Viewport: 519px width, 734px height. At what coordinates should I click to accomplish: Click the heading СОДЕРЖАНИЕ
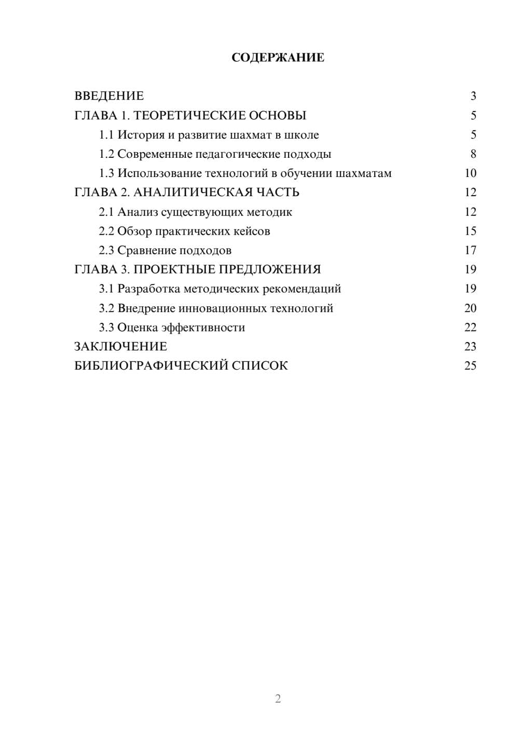(x=278, y=58)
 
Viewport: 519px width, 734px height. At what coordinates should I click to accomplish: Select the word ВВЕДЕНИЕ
(x=109, y=96)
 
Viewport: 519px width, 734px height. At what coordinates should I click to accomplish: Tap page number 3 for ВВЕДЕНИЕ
(x=473, y=96)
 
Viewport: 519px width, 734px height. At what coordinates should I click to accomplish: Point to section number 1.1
(x=106, y=135)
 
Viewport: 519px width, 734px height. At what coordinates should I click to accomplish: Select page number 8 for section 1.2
(x=473, y=154)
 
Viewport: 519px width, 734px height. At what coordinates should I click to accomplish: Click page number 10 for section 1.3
(x=470, y=173)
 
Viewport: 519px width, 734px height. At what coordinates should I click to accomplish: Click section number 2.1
(x=106, y=212)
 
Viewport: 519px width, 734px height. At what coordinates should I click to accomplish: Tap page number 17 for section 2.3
(x=470, y=250)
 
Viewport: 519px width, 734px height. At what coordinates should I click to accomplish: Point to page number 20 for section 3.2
(x=470, y=308)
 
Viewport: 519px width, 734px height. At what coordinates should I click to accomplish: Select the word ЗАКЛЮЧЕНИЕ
(x=121, y=346)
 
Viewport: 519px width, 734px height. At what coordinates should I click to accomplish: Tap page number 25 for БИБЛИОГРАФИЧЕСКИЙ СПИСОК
(x=470, y=365)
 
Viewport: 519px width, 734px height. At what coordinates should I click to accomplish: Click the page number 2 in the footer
(x=278, y=699)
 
